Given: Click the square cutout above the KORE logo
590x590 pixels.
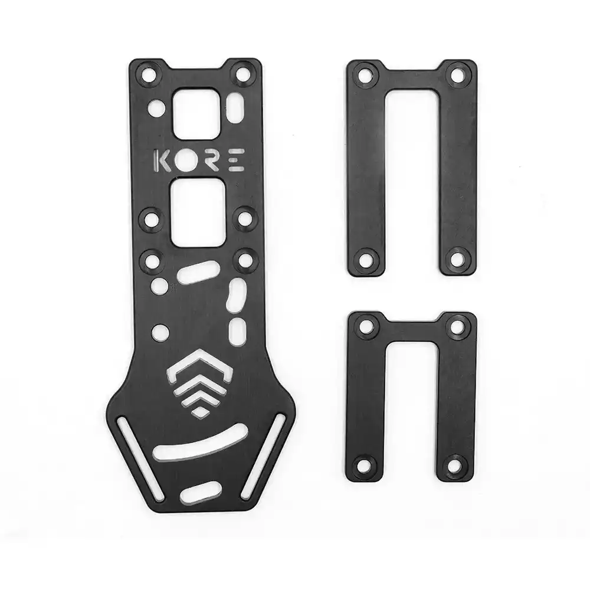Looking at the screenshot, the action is point(196,113).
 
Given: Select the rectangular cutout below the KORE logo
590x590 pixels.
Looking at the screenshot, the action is point(198,212).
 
